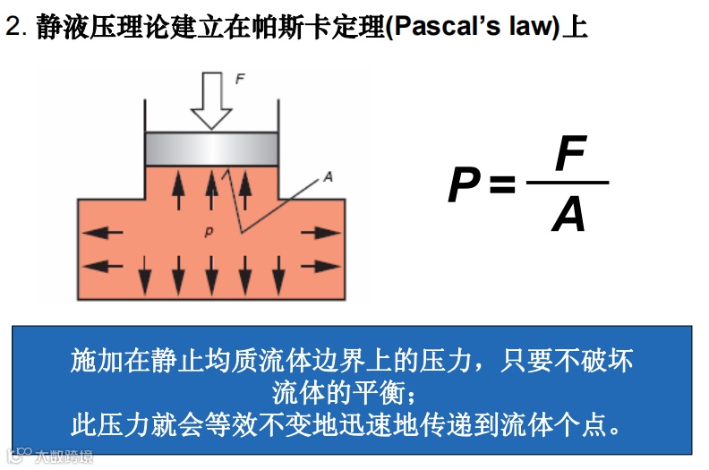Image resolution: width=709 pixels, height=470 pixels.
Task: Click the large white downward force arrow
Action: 211,99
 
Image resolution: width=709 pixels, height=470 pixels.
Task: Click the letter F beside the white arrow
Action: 240,80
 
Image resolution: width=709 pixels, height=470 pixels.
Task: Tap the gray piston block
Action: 211,149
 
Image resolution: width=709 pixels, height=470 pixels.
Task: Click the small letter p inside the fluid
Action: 208,232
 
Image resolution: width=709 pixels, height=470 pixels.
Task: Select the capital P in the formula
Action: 466,185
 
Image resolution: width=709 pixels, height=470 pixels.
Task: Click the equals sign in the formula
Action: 503,185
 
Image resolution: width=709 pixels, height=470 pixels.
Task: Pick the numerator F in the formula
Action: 569,154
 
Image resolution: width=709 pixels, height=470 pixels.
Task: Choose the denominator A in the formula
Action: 568,215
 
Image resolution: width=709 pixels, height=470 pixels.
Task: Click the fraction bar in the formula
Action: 568,184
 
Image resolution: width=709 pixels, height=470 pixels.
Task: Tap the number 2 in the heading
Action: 13,27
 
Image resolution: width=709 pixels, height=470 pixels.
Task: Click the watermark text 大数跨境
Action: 63,457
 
